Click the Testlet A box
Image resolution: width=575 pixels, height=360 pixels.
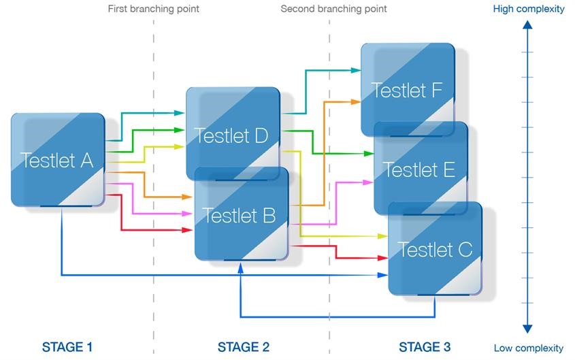pyautogui.click(x=58, y=160)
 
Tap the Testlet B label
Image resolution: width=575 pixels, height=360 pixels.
pyautogui.click(x=240, y=216)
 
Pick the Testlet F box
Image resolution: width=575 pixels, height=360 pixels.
pyautogui.click(x=407, y=90)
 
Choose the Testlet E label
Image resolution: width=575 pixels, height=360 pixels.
pyautogui.click(x=419, y=169)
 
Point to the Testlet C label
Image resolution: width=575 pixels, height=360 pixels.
pyautogui.click(x=435, y=249)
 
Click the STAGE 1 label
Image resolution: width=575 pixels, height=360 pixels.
pyautogui.click(x=67, y=347)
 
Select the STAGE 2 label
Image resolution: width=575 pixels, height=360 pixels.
pyautogui.click(x=244, y=347)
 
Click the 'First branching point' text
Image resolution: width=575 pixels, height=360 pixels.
pyautogui.click(x=154, y=9)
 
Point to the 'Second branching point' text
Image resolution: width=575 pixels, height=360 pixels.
pyautogui.click(x=333, y=9)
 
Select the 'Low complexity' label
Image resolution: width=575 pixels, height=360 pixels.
pyautogui.click(x=529, y=348)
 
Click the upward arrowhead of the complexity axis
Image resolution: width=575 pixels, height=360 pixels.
pyautogui.click(x=527, y=25)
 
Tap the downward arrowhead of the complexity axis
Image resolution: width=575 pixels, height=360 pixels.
pyautogui.click(x=527, y=329)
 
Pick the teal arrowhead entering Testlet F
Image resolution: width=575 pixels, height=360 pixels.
pyautogui.click(x=357, y=70)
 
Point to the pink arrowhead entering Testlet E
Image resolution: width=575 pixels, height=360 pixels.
pyautogui.click(x=369, y=182)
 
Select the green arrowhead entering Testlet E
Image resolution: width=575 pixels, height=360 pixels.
pyautogui.click(x=369, y=153)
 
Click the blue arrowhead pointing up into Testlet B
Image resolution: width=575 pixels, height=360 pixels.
pyautogui.click(x=240, y=267)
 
